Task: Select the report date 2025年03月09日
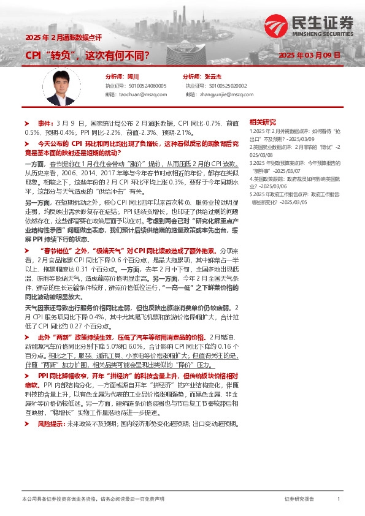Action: point(309,55)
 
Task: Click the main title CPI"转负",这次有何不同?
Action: point(86,56)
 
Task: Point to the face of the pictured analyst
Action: point(60,80)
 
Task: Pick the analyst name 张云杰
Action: point(212,77)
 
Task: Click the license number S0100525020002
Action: point(226,86)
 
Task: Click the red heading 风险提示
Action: point(50,390)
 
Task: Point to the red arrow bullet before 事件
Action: point(26,123)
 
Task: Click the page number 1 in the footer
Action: point(339,499)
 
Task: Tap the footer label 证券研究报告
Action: point(299,499)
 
